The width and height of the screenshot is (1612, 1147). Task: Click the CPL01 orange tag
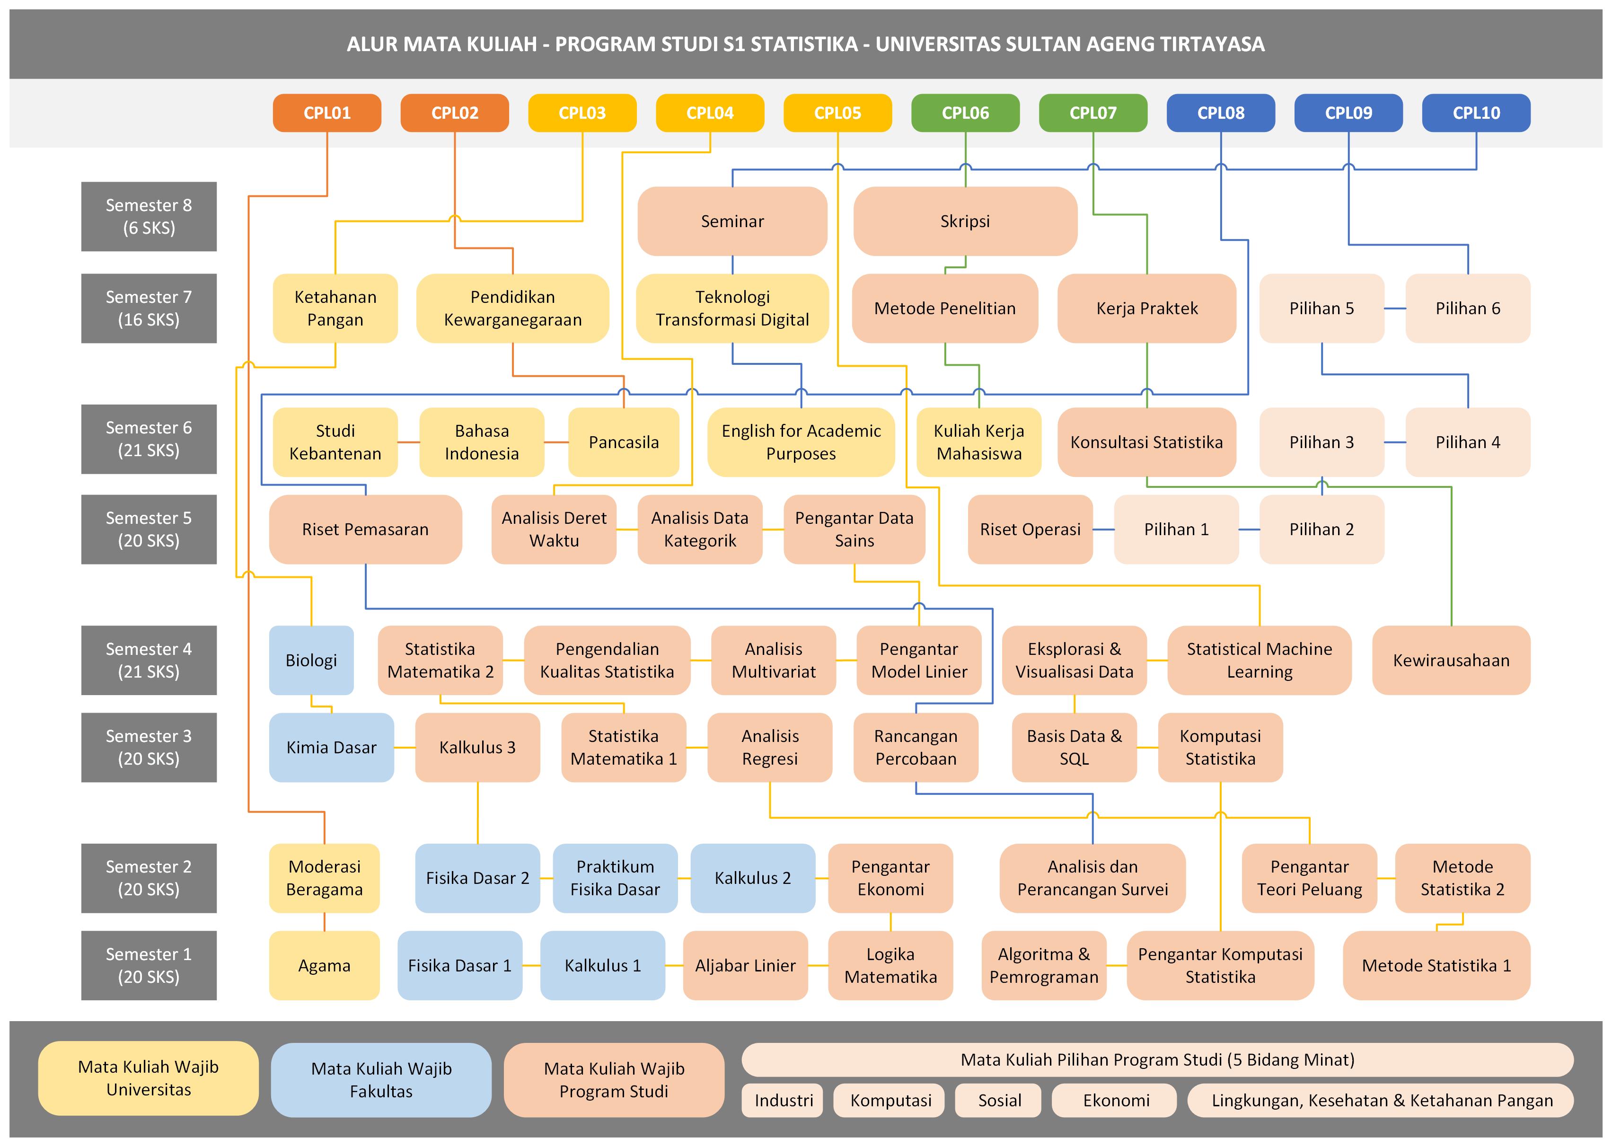coord(327,113)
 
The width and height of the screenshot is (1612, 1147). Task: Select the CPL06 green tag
coord(965,113)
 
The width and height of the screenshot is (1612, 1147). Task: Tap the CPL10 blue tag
coord(1476,113)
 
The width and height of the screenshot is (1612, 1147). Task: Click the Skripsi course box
coord(965,221)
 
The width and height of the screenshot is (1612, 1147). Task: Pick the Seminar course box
coord(732,221)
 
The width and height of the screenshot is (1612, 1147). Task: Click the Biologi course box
coord(311,661)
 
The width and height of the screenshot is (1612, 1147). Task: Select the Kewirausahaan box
coord(1451,661)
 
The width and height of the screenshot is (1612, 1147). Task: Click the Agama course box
coord(324,965)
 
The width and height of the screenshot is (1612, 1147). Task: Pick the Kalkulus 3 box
coord(477,747)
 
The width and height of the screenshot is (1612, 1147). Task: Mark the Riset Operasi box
coord(1030,529)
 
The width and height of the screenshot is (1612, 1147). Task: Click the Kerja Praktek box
coord(1147,309)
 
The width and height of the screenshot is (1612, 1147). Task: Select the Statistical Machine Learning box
coord(1259,661)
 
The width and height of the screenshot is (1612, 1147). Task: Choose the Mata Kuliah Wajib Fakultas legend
coord(381,1080)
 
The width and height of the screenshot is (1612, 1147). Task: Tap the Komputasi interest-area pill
coord(890,1100)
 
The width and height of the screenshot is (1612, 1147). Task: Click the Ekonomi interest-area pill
coord(1116,1100)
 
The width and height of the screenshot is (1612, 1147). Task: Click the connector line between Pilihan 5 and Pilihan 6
coord(1394,309)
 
